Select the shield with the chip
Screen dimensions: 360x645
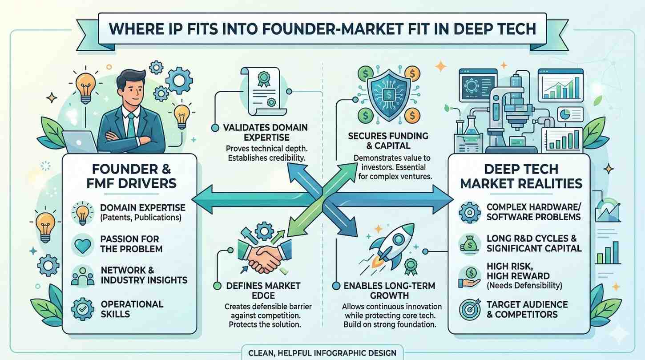tap(388, 93)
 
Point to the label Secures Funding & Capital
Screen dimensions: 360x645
tap(388, 141)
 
